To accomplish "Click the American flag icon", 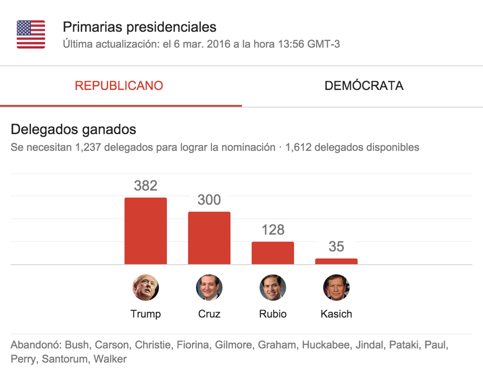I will pos(31,34).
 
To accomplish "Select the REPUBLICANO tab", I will pos(119,86).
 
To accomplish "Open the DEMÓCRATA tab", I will pos(364,86).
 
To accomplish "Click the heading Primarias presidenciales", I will pos(140,27).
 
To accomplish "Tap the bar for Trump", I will pos(145,231).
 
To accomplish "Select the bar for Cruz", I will pos(209,238).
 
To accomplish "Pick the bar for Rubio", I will pos(273,253).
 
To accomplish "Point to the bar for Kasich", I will pos(336,261).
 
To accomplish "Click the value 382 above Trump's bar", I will pos(145,186).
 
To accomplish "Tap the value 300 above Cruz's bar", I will pos(209,200).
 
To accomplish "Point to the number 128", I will pos(273,230).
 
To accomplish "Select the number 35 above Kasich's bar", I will pos(336,247).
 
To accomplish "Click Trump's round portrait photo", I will pos(145,288).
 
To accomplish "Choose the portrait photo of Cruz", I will pos(209,288).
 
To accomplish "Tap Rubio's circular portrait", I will pos(273,288).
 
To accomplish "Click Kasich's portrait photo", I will pos(336,288).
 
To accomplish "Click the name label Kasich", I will pos(336,314).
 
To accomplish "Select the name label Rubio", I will pos(273,314).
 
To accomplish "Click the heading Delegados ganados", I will pos(73,129).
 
